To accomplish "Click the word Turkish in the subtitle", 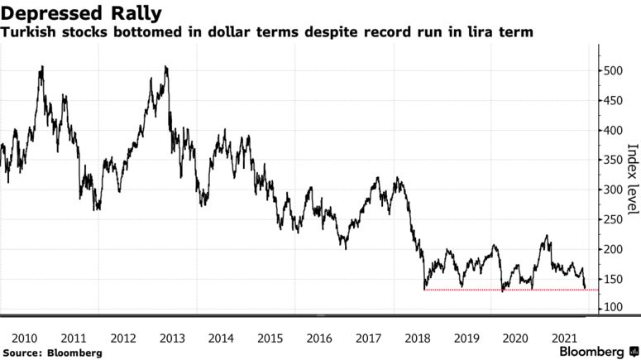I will point(29,32).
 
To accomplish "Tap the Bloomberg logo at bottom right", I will point(591,351).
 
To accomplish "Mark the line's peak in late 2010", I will point(42,66).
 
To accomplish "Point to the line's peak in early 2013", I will point(166,66).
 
